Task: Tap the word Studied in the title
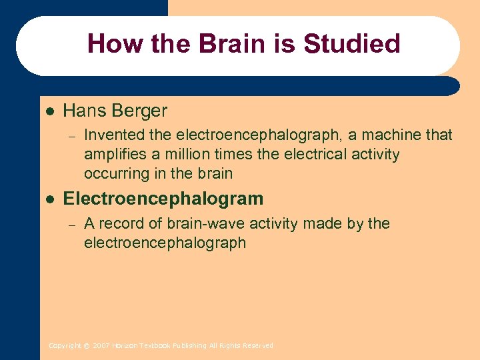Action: click(x=351, y=44)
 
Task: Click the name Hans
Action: click(x=85, y=110)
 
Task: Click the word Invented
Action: click(x=114, y=135)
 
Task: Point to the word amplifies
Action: click(x=114, y=155)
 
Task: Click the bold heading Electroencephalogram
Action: click(x=163, y=199)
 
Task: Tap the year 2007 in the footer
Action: click(x=101, y=345)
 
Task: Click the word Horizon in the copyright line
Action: click(x=125, y=345)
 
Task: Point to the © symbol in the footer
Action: click(x=87, y=345)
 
